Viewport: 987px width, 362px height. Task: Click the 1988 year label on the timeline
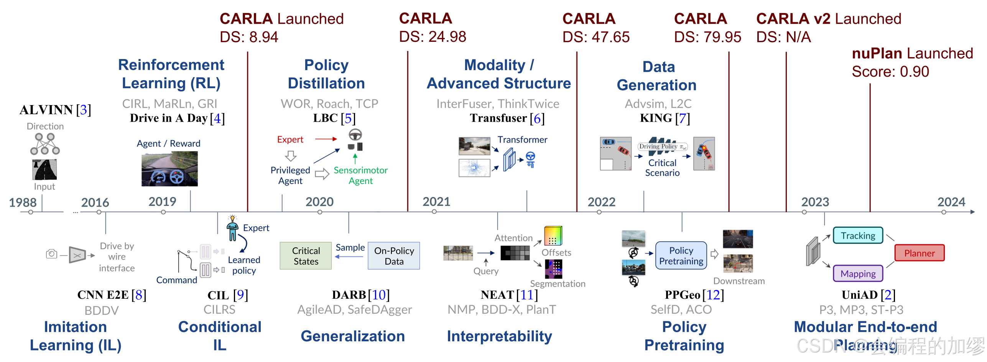[x=23, y=202]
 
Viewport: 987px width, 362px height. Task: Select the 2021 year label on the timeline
[x=436, y=202]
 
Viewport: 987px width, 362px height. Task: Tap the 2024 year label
[x=951, y=202]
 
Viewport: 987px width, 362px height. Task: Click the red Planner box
[x=919, y=253]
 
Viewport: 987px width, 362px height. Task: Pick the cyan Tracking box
[x=858, y=235]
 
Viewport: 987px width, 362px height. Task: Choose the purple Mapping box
[x=858, y=273]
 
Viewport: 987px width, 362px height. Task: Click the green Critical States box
[x=306, y=256]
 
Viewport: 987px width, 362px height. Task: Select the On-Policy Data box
[x=394, y=256]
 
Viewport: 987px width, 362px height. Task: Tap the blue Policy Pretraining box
[x=681, y=256]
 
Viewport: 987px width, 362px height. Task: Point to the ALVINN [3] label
[x=55, y=110]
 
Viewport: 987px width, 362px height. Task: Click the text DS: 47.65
[x=595, y=37]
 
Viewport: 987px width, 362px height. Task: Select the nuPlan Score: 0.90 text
[x=890, y=72]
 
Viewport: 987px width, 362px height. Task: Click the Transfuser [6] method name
[x=507, y=118]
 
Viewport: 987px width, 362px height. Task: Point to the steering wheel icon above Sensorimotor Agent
[x=355, y=135]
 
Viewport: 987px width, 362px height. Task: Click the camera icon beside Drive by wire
[x=51, y=254]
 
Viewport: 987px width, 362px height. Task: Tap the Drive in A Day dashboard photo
[x=169, y=169]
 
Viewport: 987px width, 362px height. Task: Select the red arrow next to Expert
[x=326, y=139]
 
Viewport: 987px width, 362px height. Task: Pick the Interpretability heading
[x=499, y=336]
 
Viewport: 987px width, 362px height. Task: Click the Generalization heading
[x=352, y=336]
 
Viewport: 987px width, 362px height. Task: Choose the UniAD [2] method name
[x=868, y=295]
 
